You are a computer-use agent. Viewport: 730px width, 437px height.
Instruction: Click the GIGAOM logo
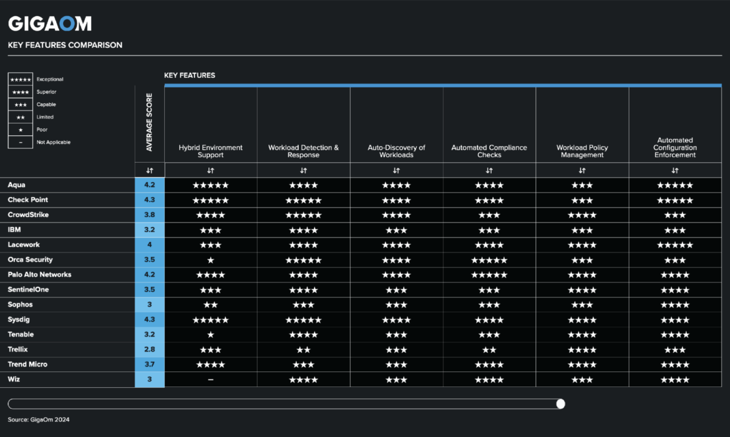point(50,24)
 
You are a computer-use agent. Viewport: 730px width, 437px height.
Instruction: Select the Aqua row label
point(17,185)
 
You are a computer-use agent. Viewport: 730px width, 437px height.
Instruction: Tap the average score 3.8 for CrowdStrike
point(150,215)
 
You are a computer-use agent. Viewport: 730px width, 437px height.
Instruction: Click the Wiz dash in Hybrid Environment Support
point(210,380)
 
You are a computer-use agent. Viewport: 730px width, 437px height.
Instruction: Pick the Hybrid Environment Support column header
point(210,151)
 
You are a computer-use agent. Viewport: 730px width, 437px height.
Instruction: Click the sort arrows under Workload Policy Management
point(582,170)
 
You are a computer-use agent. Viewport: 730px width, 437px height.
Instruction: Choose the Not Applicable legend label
point(53,142)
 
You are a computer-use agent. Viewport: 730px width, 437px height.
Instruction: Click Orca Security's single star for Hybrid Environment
point(210,260)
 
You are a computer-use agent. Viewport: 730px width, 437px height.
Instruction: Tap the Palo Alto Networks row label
point(39,275)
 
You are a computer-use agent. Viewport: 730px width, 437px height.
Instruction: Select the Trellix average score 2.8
point(150,350)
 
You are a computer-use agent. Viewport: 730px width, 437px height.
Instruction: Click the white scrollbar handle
point(560,404)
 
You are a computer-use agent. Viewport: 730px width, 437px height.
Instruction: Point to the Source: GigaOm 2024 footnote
point(39,420)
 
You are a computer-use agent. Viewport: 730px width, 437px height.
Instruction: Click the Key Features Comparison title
point(65,45)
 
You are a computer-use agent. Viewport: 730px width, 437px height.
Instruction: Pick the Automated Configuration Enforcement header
point(674,148)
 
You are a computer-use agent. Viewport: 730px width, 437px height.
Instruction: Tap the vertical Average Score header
point(150,122)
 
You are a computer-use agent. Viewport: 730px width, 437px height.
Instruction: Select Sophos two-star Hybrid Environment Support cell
point(210,305)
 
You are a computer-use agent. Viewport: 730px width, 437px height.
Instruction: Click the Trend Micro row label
point(27,365)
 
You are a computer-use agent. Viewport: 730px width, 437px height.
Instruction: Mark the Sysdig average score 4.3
point(150,320)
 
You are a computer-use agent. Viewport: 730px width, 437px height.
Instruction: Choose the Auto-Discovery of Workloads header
point(396,151)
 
